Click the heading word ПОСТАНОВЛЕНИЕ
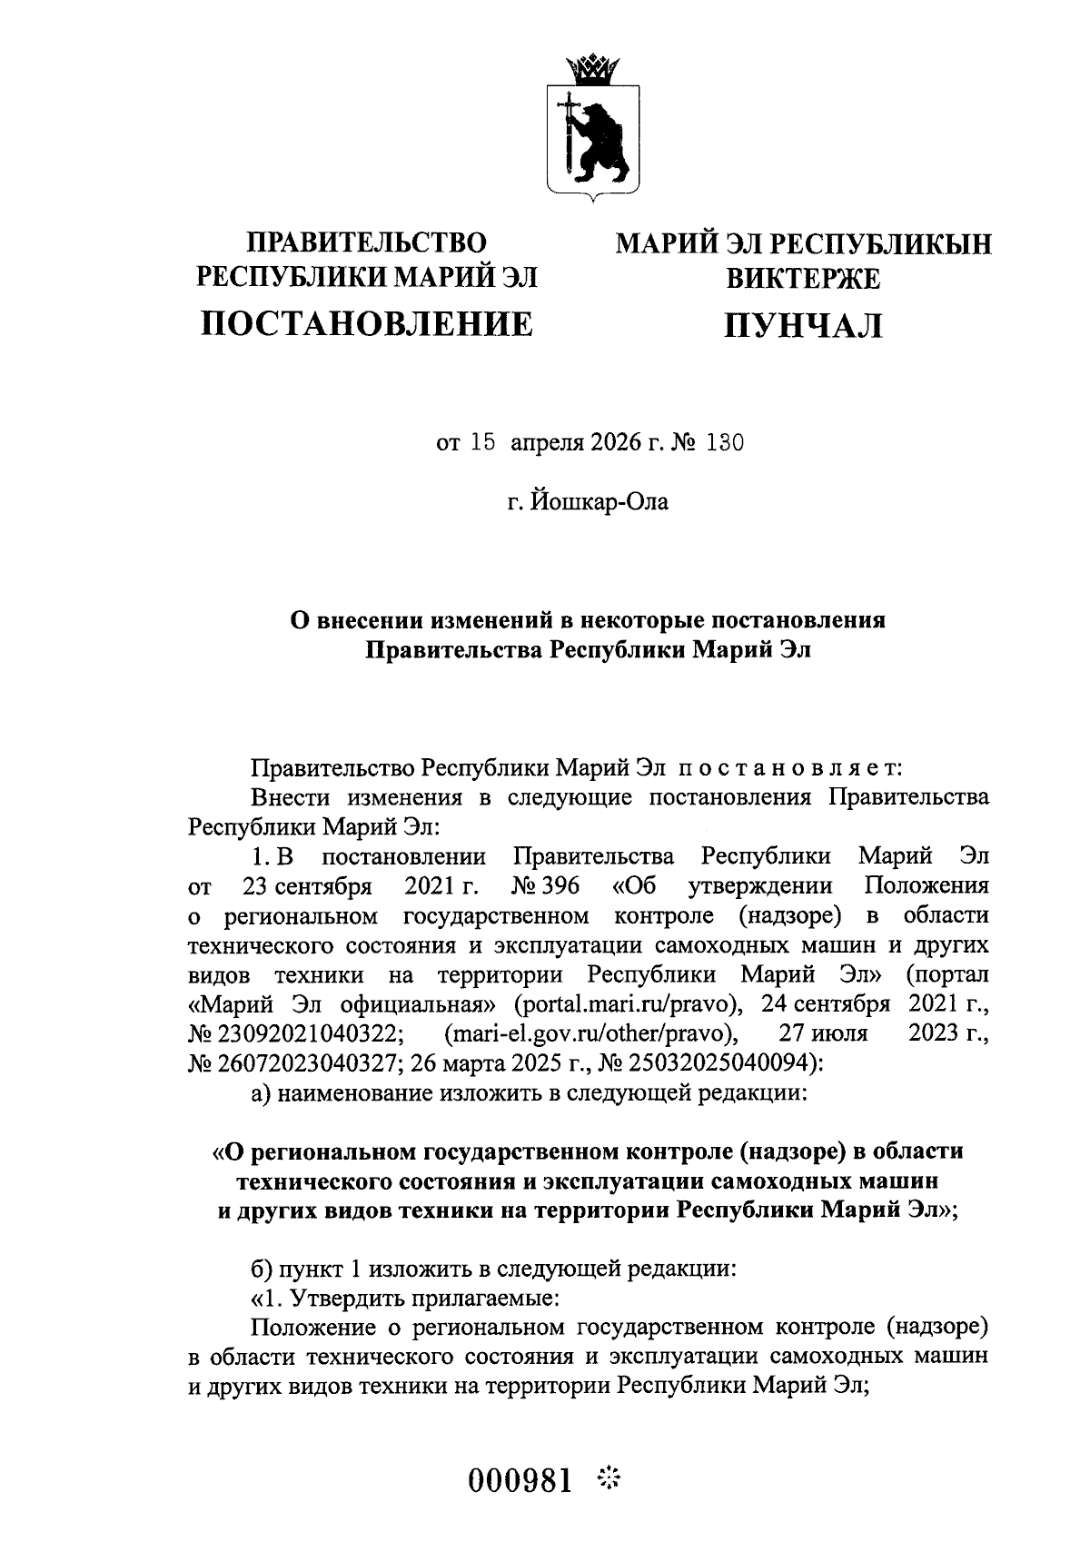pos(367,323)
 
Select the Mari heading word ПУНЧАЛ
pos(802,325)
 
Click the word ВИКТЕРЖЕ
pos(802,278)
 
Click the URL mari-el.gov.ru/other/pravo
pos(590,1033)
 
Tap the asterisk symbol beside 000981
pos(607,1479)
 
